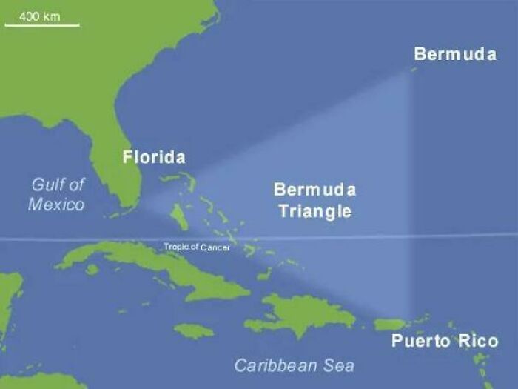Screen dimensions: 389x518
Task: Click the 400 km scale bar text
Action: coord(40,16)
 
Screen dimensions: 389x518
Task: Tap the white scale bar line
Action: coord(42,26)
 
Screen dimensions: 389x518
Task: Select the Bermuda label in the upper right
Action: coord(454,55)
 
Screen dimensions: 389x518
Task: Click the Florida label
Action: coord(154,157)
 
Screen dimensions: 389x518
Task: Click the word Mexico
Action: coord(56,204)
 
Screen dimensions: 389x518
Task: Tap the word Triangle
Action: coord(314,211)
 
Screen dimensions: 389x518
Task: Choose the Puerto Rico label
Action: coord(445,342)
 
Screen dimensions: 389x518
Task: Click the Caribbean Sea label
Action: coord(294,365)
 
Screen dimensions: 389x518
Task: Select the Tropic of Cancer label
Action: coord(196,247)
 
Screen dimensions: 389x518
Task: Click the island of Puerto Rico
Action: coord(391,325)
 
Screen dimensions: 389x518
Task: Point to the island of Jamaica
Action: coord(194,329)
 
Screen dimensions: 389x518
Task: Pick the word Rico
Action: coord(478,342)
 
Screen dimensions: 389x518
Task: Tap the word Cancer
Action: coord(215,247)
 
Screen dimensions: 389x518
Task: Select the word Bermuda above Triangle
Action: coord(314,190)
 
